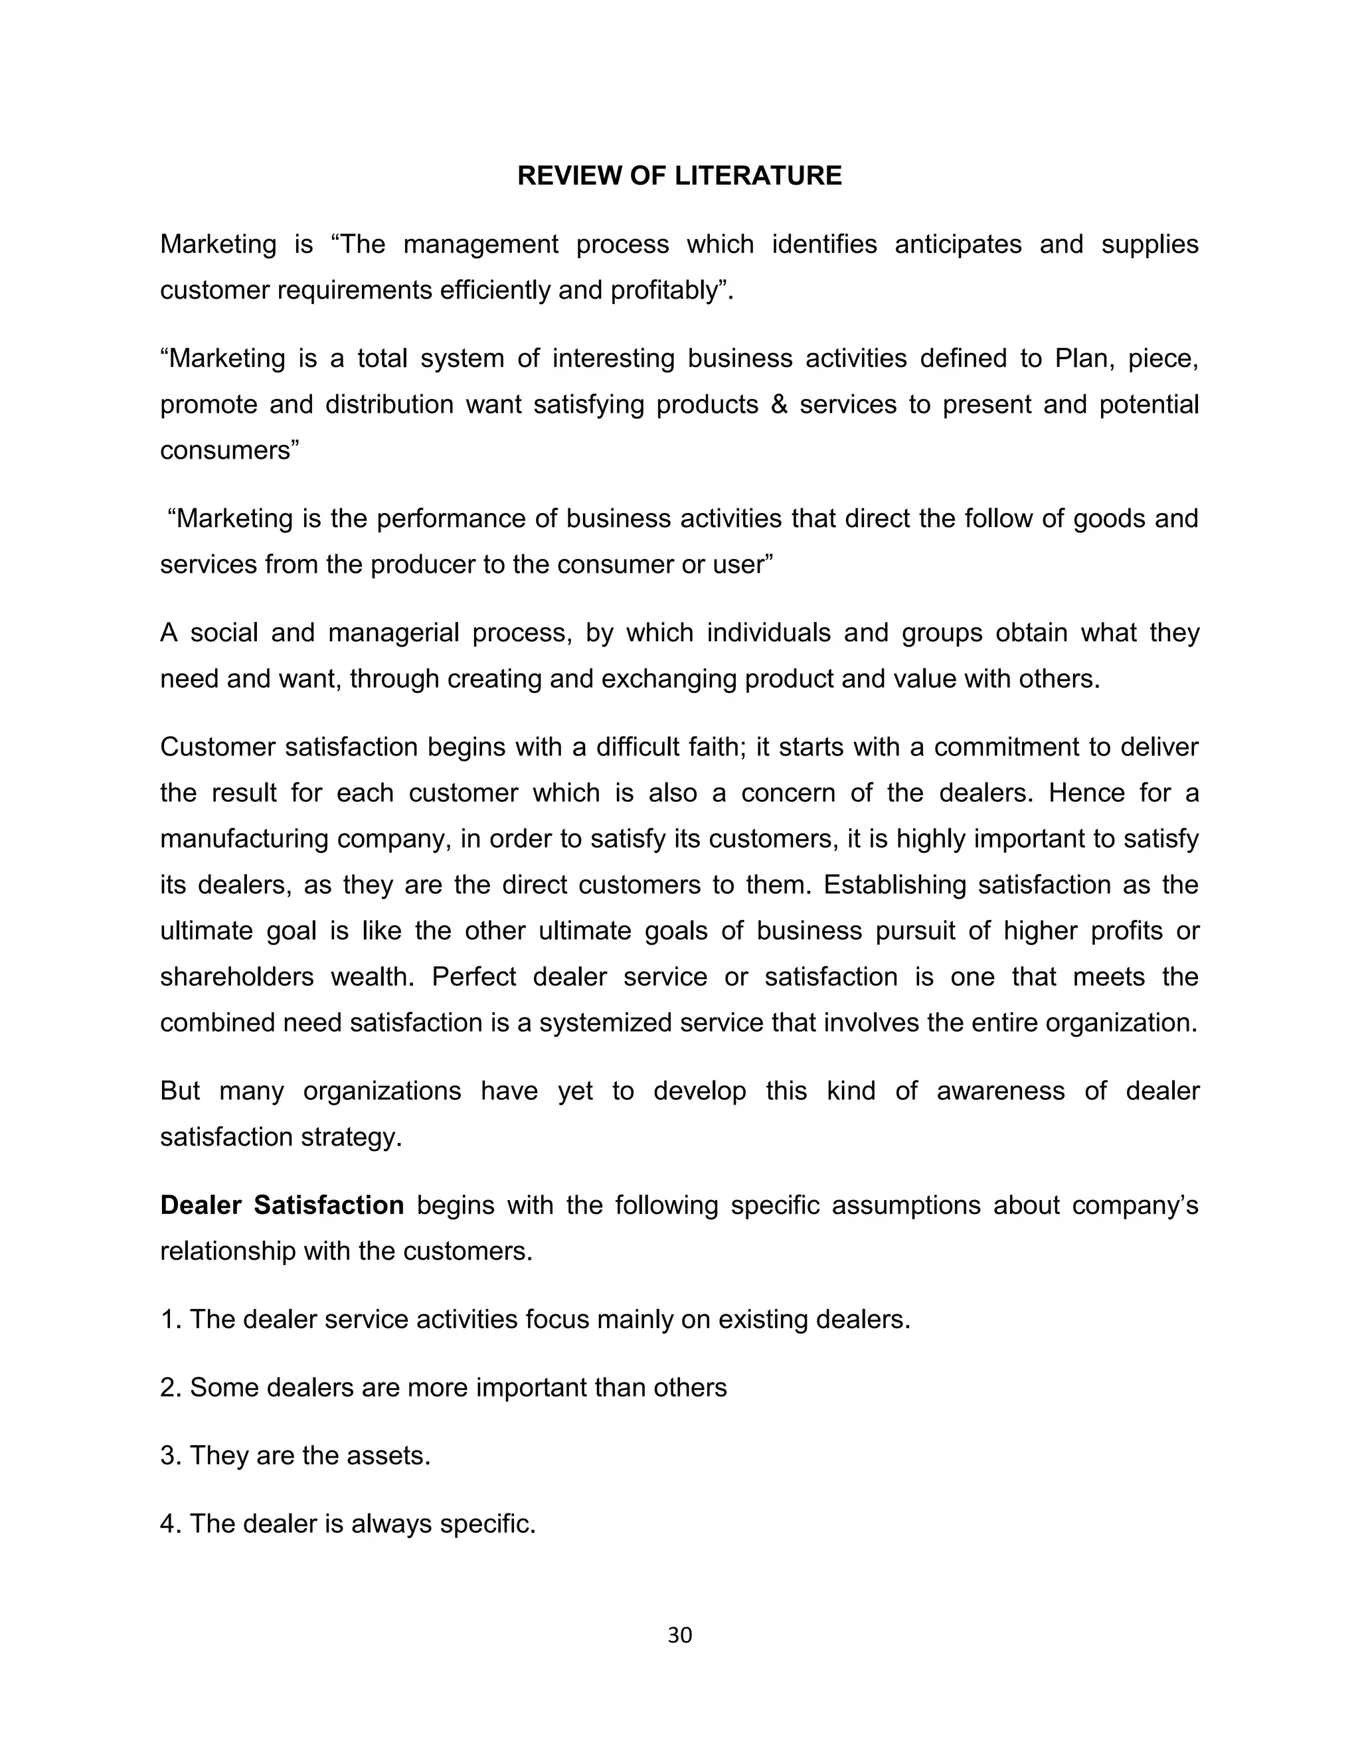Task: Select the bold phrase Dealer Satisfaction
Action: click(282, 1205)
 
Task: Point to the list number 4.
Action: click(169, 1524)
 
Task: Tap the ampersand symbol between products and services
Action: click(778, 404)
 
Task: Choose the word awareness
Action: click(1000, 1091)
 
